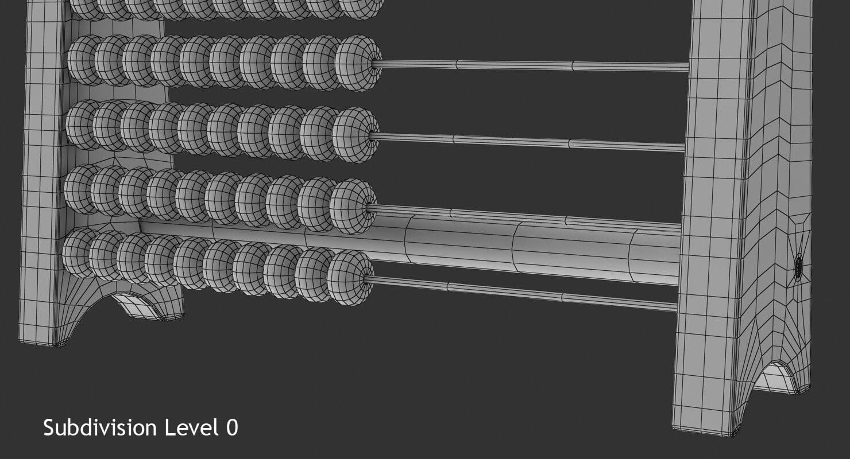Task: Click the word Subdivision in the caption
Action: (x=101, y=428)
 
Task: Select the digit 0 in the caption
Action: (x=231, y=428)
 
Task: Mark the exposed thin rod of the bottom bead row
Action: (x=517, y=292)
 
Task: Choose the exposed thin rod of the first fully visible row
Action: (x=528, y=65)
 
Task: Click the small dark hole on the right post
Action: (x=798, y=267)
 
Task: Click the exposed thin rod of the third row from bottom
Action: (x=523, y=142)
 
